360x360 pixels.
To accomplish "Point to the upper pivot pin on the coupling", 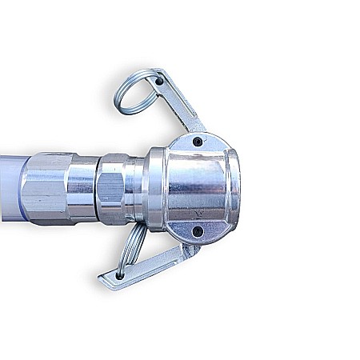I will point(197,142).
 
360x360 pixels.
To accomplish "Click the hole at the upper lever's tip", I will point(158,81).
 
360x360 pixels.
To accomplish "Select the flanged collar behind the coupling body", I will point(154,189).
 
